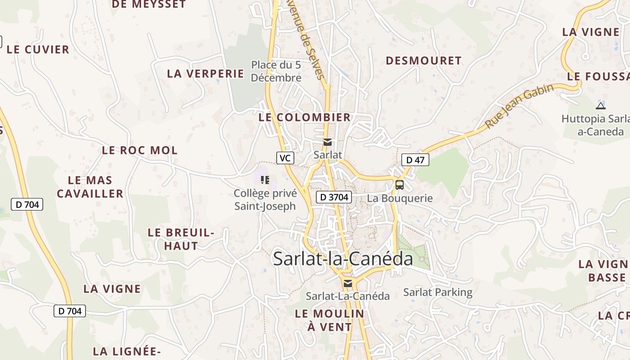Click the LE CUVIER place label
pos(38,49)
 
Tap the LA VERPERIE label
pos(205,74)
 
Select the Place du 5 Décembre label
pos(276,71)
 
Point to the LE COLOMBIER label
pos(304,117)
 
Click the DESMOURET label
pos(423,61)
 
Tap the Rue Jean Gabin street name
pos(519,106)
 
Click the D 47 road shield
pos(415,159)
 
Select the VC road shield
pos(285,158)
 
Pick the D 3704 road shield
pos(333,197)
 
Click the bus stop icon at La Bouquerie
pos(399,184)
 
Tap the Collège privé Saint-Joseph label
pos(265,200)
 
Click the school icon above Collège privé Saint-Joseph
pos(265,180)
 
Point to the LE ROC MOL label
pos(139,150)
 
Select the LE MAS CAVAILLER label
pos(90,187)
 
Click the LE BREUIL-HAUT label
pos(181,239)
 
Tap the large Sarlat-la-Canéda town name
pos(343,259)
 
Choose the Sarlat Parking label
pos(437,292)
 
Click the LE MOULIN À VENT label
pos(329,320)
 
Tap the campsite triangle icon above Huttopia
pos(600,106)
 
